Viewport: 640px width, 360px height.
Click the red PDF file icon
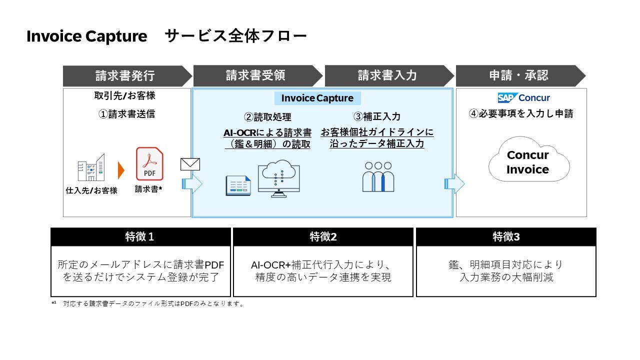149,164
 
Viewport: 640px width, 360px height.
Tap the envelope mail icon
190,164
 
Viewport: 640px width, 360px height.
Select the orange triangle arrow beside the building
120,170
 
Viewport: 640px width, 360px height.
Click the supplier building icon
91,168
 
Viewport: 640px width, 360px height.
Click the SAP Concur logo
523,97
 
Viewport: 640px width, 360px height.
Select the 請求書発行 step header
125,75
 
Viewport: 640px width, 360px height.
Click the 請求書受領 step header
255,75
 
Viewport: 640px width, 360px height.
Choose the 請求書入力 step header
387,75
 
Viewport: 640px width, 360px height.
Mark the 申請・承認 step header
518,75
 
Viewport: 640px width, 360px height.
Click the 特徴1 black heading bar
140,237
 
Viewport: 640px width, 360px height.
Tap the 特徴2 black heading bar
323,237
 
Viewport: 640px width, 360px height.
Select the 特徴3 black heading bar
506,237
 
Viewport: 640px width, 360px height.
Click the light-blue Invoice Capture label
317,98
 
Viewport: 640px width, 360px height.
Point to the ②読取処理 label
267,116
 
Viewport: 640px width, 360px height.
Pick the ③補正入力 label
377,116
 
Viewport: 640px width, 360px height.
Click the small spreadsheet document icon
238,185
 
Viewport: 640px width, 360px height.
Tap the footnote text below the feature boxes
150,303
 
